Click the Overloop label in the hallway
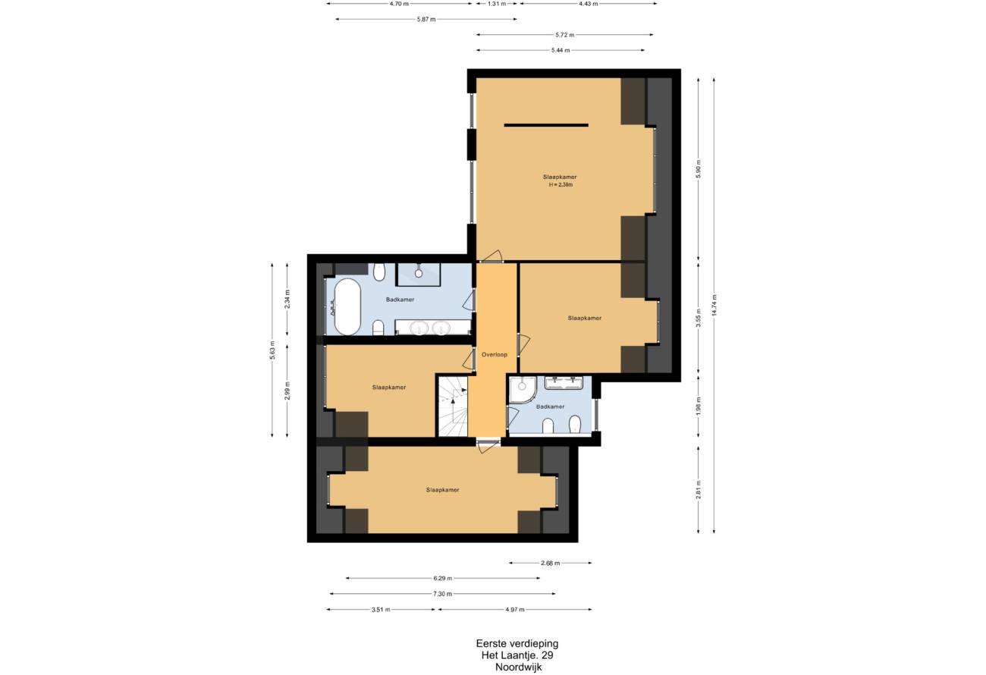[x=495, y=354]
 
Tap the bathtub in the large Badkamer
[x=347, y=306]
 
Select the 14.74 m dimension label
[x=714, y=306]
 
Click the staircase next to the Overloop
[x=452, y=406]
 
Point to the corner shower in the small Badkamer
[x=522, y=389]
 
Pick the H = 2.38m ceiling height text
[x=561, y=185]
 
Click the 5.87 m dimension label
[x=426, y=20]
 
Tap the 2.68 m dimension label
[x=550, y=563]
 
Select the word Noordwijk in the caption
[x=518, y=667]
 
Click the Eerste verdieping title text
[x=517, y=644]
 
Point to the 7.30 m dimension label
[x=442, y=594]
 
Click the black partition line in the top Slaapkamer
[x=546, y=125]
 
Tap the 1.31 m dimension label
[x=497, y=4]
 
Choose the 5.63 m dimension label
[x=272, y=350]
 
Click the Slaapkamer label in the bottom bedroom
[x=442, y=490]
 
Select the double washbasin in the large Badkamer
[x=433, y=328]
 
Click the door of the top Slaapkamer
[x=491, y=256]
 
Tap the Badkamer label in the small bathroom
[x=550, y=407]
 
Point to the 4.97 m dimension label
[x=514, y=610]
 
